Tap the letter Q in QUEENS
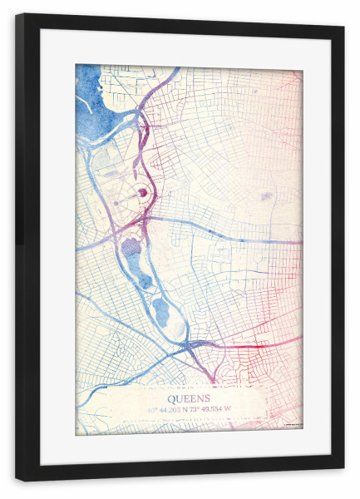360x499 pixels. [x=173, y=398]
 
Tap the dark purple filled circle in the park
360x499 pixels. [x=142, y=193]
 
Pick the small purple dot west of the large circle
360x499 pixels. [x=116, y=201]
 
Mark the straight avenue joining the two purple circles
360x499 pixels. [x=129, y=197]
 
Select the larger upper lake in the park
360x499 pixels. [x=131, y=248]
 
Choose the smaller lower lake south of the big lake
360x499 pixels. [x=160, y=311]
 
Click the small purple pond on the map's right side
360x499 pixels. [x=266, y=197]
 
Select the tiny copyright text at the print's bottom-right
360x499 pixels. [x=290, y=428]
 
